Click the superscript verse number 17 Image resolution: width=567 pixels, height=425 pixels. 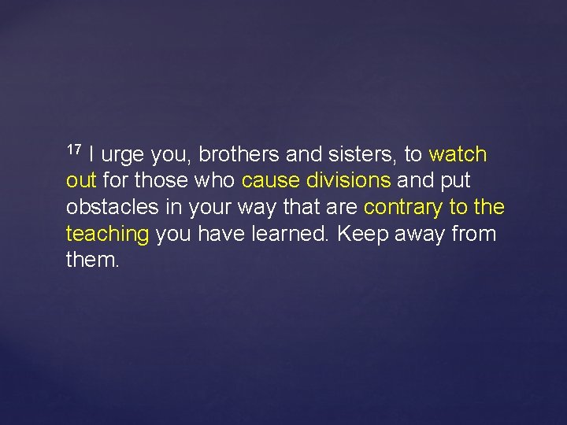tap(74, 149)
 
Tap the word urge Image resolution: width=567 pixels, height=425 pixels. tap(123, 155)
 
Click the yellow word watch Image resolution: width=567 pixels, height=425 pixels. tap(458, 154)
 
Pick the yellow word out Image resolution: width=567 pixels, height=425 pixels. tap(81, 181)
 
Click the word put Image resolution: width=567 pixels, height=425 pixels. tap(454, 182)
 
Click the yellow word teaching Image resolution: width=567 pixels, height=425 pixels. tap(108, 235)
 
